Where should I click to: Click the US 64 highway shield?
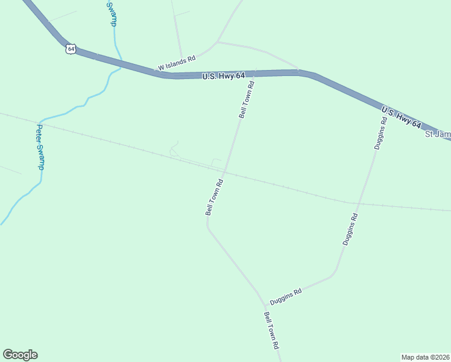click(71, 48)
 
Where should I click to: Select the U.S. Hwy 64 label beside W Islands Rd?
click(223, 75)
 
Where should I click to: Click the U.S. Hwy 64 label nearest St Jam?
click(401, 117)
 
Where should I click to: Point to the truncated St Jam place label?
click(438, 134)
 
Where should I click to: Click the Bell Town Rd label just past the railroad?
click(215, 197)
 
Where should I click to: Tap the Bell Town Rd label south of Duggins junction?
click(271, 331)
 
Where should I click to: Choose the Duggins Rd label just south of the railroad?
click(350, 229)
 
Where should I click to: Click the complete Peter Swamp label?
click(40, 147)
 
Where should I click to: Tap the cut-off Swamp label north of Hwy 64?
click(111, 13)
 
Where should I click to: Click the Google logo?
click(20, 355)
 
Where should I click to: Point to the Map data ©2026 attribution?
click(425, 357)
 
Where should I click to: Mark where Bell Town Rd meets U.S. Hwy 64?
click(254, 73)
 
